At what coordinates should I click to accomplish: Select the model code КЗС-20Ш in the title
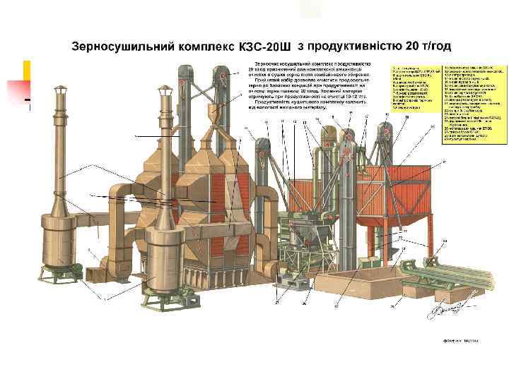tap(266, 48)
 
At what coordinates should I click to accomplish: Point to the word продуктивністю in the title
tap(351, 47)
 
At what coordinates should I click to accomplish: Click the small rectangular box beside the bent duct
tap(91, 222)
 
